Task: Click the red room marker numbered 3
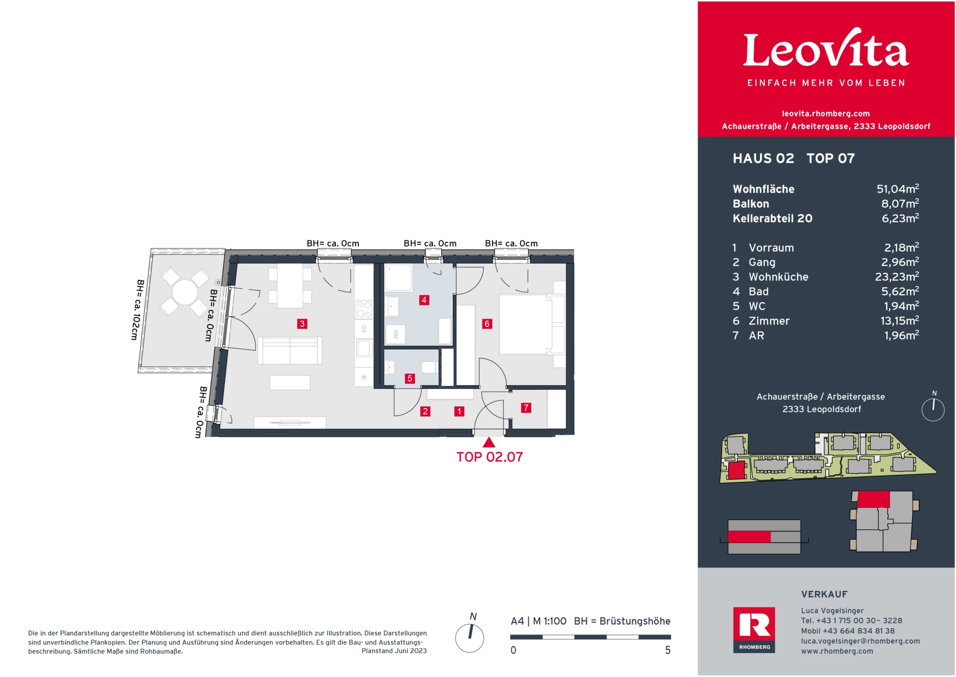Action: click(302, 324)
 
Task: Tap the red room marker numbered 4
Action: click(424, 300)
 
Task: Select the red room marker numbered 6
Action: click(487, 324)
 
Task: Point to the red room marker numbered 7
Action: click(526, 408)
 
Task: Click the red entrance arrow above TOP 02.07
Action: click(489, 442)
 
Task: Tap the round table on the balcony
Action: click(185, 292)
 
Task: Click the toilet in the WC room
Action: click(429, 367)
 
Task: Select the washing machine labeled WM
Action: click(395, 334)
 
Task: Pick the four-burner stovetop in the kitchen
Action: click(363, 309)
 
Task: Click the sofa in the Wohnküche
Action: click(290, 350)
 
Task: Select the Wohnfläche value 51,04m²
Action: click(898, 189)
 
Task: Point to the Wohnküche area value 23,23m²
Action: click(897, 277)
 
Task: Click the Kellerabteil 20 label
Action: click(772, 218)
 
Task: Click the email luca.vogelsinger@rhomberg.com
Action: click(860, 641)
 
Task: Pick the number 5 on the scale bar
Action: click(668, 650)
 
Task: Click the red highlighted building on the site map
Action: click(736, 470)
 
